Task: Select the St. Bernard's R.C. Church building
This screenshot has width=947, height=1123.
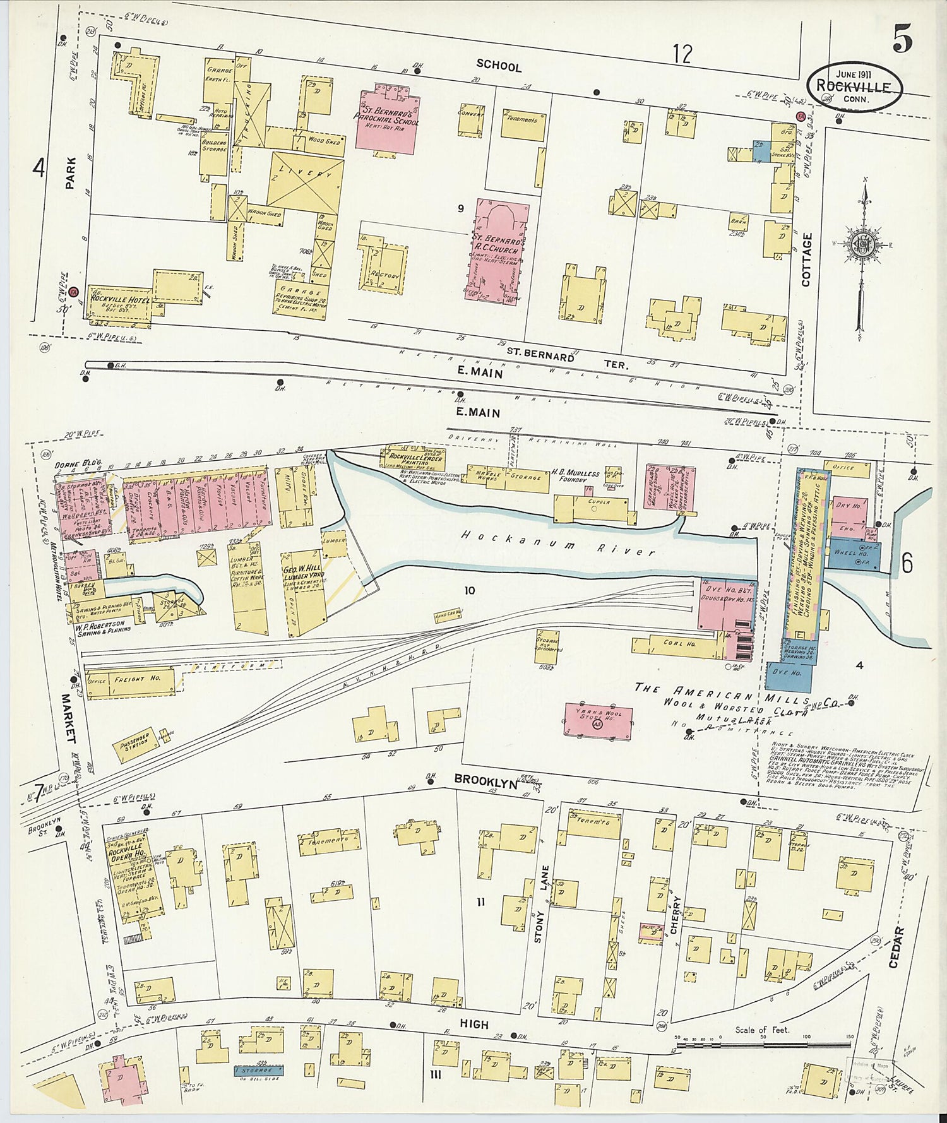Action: click(501, 253)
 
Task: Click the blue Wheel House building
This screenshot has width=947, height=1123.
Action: click(853, 554)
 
